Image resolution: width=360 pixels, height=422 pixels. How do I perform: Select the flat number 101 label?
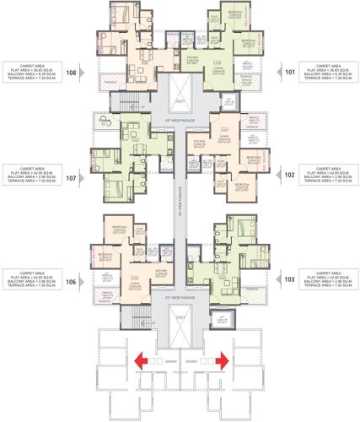pos(290,72)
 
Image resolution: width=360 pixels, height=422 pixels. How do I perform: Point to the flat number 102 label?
pos(290,175)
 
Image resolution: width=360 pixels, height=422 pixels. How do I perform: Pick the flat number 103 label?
pos(290,278)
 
